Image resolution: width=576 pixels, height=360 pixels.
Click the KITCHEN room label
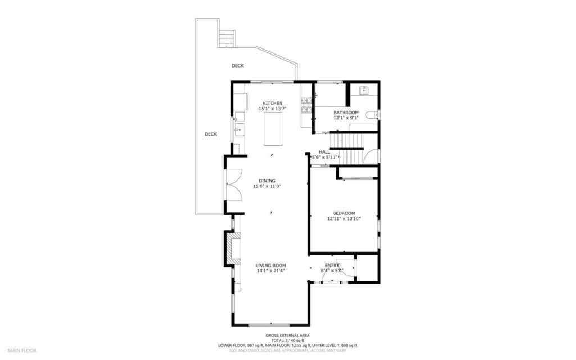click(x=273, y=103)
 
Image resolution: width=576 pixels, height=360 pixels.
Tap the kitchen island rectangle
click(x=273, y=129)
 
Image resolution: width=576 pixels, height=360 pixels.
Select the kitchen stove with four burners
click(x=307, y=105)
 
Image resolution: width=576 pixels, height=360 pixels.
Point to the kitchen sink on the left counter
click(x=239, y=130)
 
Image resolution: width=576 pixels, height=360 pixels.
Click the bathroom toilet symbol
click(x=371, y=115)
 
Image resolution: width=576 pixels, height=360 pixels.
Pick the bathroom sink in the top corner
click(x=364, y=89)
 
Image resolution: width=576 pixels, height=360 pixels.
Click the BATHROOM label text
click(x=346, y=112)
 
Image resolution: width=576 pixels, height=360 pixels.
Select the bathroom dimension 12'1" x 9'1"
click(x=346, y=118)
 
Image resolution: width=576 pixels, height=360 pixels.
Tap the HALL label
click(x=325, y=152)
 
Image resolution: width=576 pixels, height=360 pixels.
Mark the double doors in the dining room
click(x=234, y=184)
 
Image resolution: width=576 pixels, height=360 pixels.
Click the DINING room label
click(x=267, y=181)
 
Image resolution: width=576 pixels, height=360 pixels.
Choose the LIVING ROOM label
click(x=271, y=265)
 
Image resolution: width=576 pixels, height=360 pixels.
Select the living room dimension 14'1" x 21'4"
click(x=271, y=271)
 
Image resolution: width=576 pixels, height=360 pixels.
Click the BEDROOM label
click(x=344, y=213)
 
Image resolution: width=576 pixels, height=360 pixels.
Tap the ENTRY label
click(x=332, y=265)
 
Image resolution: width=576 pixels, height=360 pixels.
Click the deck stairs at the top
click(x=227, y=38)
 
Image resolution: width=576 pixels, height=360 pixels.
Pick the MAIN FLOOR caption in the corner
click(x=22, y=350)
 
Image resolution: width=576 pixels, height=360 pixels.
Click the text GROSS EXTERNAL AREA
click(x=287, y=336)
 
